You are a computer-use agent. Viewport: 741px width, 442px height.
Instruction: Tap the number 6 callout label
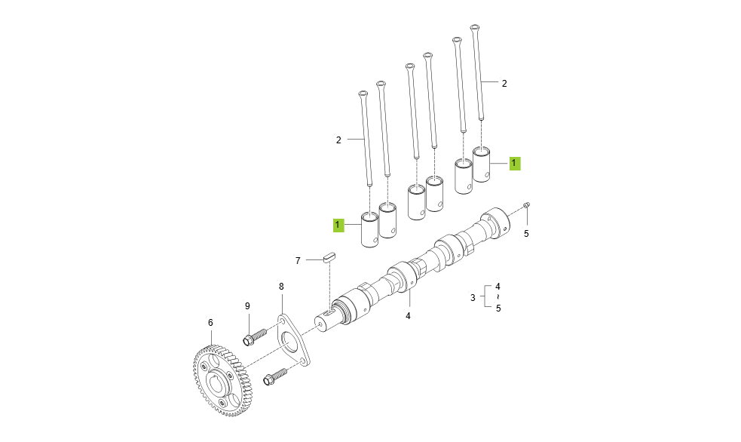pos(210,323)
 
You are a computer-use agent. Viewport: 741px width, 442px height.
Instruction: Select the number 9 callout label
pos(246,305)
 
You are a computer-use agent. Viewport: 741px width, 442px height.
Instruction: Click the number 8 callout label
pos(281,287)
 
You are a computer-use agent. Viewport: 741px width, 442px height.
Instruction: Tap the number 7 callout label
pos(298,260)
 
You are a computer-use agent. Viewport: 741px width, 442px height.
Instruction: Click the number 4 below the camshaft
pos(408,316)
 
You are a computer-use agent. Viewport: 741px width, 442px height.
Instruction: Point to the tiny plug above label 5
pos(527,204)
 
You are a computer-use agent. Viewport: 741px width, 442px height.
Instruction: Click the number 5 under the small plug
pos(526,234)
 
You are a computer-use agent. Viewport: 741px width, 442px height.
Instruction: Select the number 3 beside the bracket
pos(473,298)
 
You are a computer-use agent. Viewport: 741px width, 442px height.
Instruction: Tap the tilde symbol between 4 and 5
pos(498,298)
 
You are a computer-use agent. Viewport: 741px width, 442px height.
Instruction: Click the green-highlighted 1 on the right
pos(513,162)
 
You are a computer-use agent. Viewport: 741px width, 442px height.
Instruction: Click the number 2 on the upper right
pos(504,84)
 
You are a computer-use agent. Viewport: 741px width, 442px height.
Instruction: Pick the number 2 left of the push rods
pos(338,140)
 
